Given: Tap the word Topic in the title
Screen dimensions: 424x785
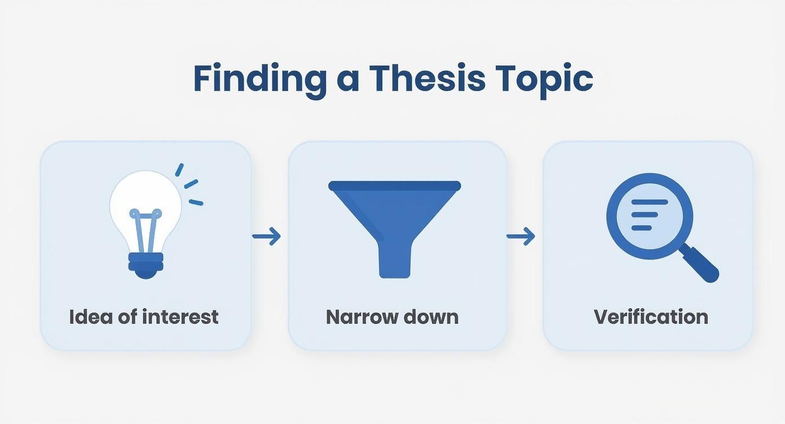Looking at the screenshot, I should [544, 79].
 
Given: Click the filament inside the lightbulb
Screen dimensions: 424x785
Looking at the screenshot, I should [145, 231].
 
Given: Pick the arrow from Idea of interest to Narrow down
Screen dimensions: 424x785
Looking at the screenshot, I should [266, 236].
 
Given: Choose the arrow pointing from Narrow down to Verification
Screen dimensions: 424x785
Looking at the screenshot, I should [521, 236].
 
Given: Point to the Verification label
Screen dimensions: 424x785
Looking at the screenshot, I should [651, 317].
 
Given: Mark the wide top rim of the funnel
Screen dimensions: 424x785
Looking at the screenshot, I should [394, 185].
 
